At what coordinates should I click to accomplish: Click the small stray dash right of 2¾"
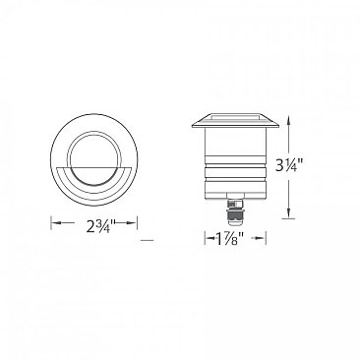148,239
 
